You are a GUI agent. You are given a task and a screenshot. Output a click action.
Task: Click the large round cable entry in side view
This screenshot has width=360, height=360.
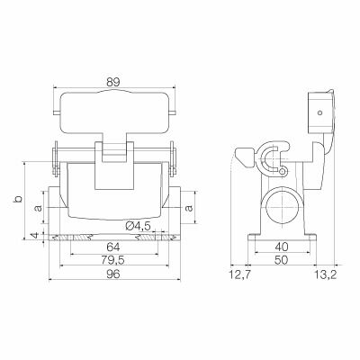coord(281,207)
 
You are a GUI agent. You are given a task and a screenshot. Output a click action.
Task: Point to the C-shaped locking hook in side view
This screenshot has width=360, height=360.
coord(270,163)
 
